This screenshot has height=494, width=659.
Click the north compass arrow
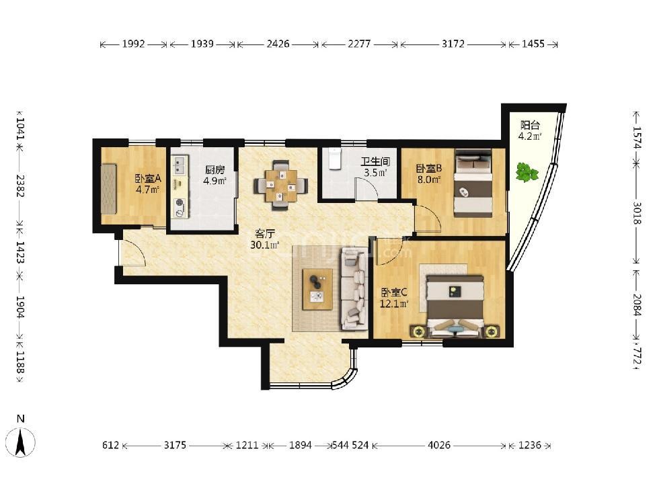point(20,442)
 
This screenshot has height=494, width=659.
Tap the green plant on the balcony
point(527,172)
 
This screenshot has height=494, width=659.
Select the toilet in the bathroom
point(335,159)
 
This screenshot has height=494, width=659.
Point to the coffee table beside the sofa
point(317,290)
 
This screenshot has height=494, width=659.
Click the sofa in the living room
point(354,288)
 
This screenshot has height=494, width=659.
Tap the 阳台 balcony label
point(530,125)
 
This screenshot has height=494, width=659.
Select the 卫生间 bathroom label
point(375,161)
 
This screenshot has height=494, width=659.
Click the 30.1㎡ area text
point(265,245)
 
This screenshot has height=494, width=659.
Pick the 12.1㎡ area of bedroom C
point(394,303)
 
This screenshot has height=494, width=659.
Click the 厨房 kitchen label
point(215,169)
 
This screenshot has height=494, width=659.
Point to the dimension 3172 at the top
point(453,44)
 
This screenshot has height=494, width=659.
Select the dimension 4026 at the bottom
point(439,445)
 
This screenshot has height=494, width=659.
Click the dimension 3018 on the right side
point(637,214)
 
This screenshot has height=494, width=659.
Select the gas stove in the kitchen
point(180,208)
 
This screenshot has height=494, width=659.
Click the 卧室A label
point(147,179)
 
